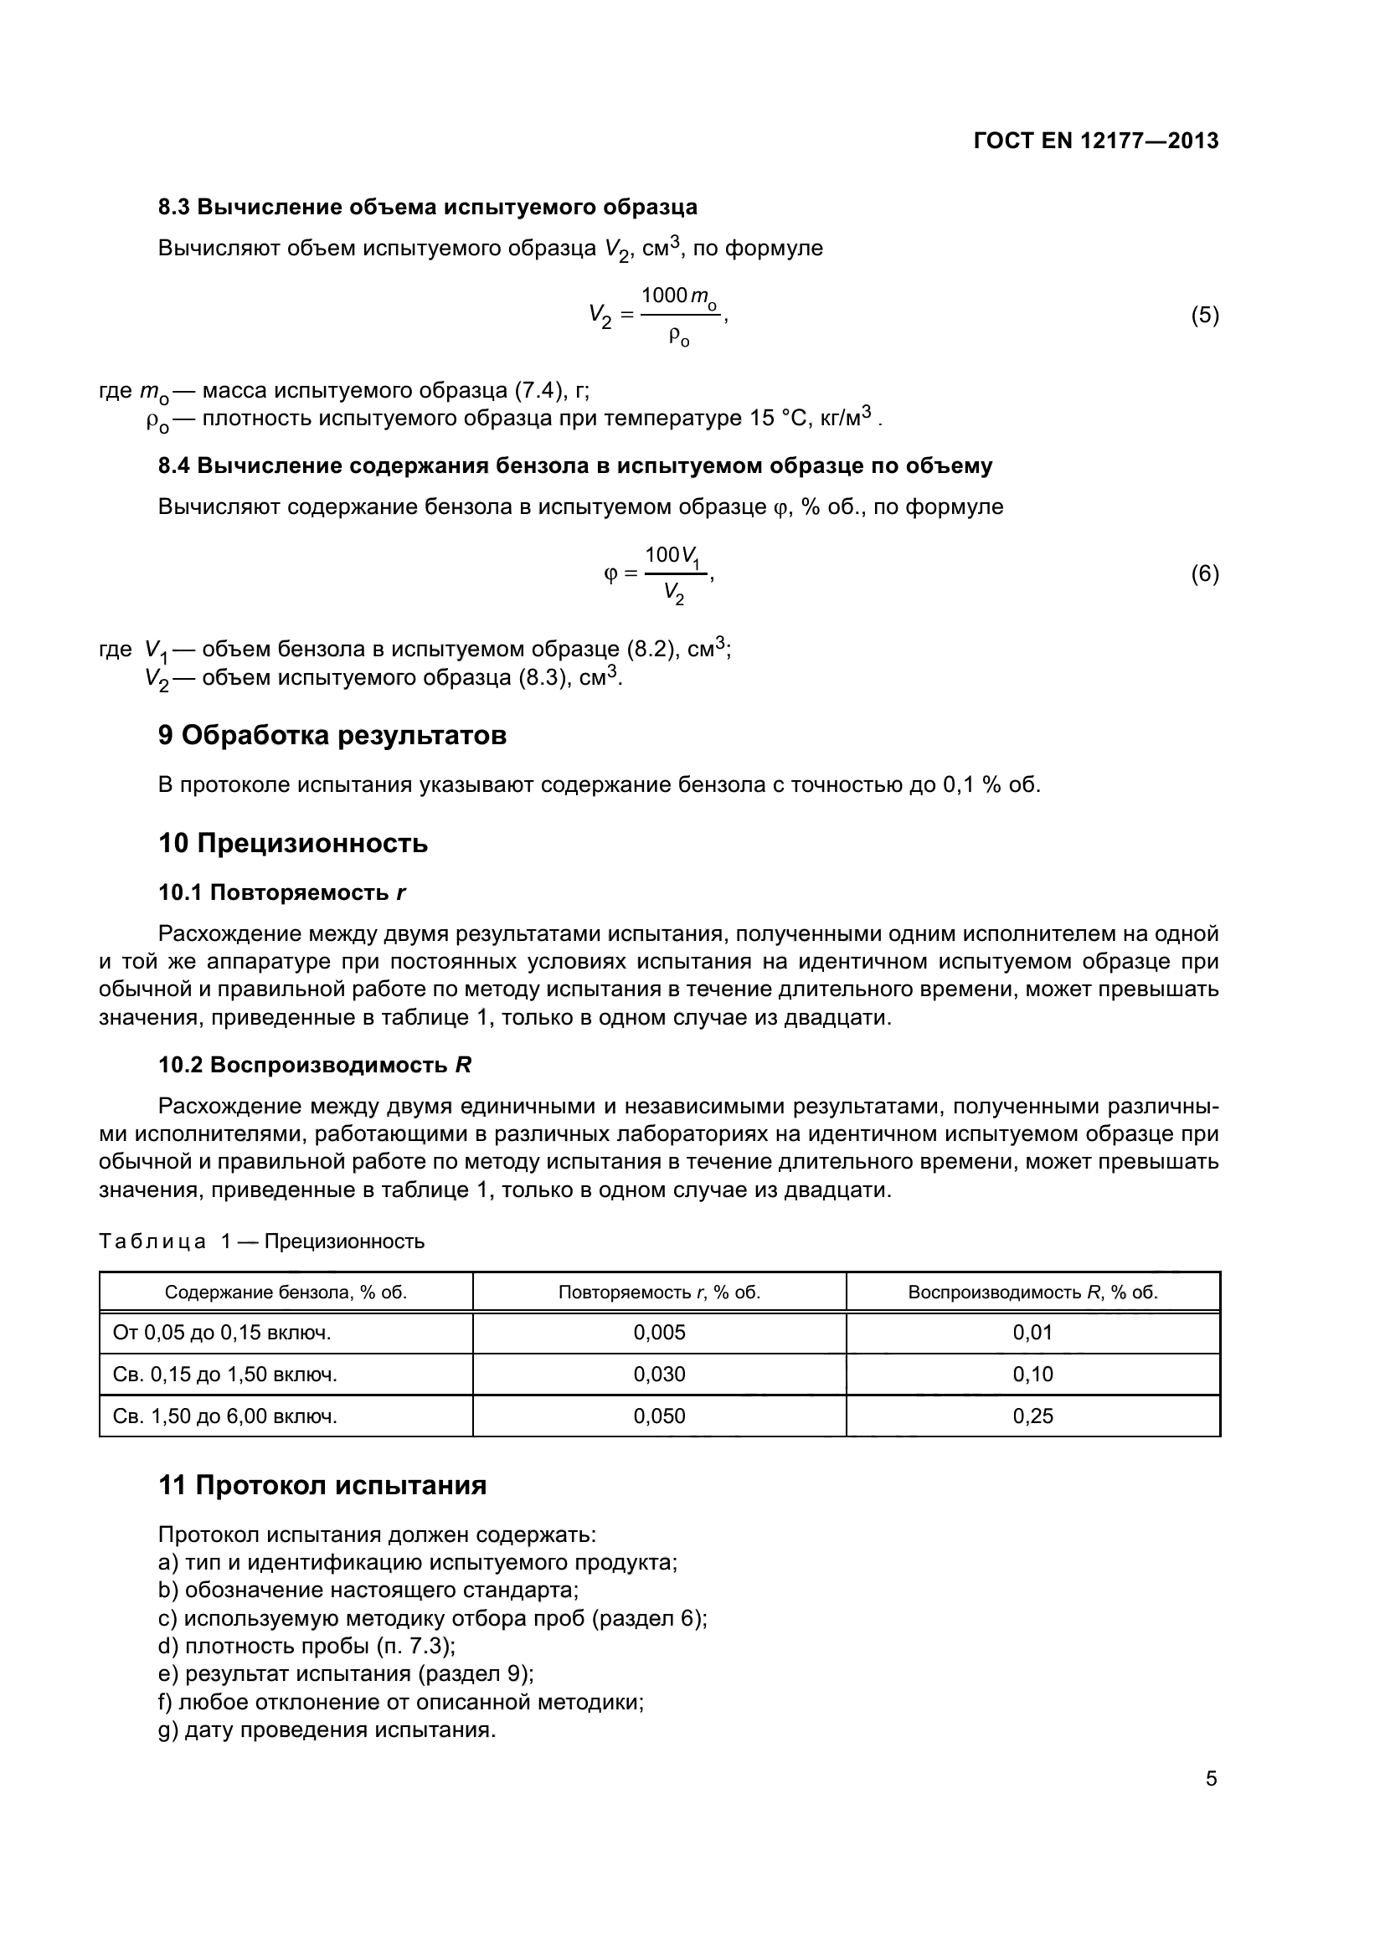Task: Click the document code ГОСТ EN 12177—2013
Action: tap(1096, 141)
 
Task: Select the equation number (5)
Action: tap(1204, 316)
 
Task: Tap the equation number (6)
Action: tap(1204, 574)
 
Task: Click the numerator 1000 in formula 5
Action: tap(664, 295)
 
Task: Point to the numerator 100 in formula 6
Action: tap(661, 555)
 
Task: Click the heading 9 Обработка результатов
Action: tap(332, 735)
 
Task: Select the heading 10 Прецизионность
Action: tap(292, 844)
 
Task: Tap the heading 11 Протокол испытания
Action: tap(322, 1486)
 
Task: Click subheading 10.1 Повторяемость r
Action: tap(281, 893)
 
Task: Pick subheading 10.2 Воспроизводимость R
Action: tap(315, 1065)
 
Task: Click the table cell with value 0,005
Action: tap(659, 1333)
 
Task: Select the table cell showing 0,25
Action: tap(1032, 1416)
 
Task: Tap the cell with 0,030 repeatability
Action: tap(659, 1375)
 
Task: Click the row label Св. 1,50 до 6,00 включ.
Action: tap(225, 1416)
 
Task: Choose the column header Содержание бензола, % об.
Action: tap(286, 1292)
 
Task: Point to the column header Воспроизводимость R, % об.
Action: tap(1032, 1292)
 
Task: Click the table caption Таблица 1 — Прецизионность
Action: tap(261, 1241)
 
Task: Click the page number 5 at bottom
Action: tap(1211, 1779)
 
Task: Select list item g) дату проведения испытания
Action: tap(327, 1730)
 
